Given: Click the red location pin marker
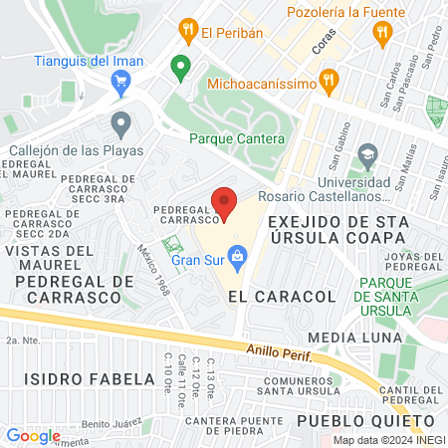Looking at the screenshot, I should (224, 203).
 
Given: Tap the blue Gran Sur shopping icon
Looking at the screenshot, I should (238, 261).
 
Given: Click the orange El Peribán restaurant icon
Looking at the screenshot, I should (186, 32).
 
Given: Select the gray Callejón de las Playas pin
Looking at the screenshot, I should (121, 125).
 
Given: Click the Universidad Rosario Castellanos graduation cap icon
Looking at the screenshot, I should (367, 156).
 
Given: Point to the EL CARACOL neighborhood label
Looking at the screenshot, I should (268, 297).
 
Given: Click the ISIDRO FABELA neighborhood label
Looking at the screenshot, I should (68, 379).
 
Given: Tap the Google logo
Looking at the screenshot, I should (33, 435).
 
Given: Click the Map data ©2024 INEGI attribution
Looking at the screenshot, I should (386, 440).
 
